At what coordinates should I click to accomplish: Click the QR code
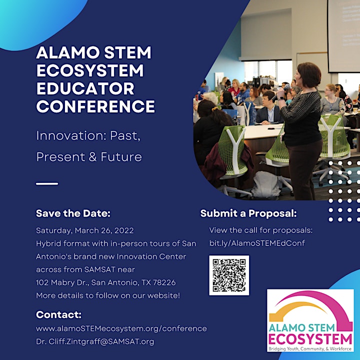(x=229, y=275)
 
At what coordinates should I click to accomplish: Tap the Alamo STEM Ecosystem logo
(x=310, y=320)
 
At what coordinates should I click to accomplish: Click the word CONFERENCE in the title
(x=95, y=106)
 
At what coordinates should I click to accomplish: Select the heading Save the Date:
(x=73, y=213)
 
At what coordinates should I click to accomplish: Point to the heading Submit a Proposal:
(x=248, y=213)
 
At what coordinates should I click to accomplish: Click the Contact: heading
(x=59, y=314)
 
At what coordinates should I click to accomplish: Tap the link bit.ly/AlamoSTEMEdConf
(x=257, y=243)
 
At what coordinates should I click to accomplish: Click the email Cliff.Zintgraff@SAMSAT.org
(x=101, y=341)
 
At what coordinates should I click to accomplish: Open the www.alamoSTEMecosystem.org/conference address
(x=121, y=328)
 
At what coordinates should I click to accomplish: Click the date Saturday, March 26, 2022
(x=84, y=230)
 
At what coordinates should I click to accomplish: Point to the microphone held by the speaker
(x=280, y=92)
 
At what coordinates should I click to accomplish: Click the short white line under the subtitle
(x=47, y=183)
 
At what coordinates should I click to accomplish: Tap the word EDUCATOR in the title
(x=85, y=89)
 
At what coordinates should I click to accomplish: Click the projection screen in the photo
(x=343, y=36)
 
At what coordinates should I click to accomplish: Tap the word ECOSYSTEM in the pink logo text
(x=310, y=339)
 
